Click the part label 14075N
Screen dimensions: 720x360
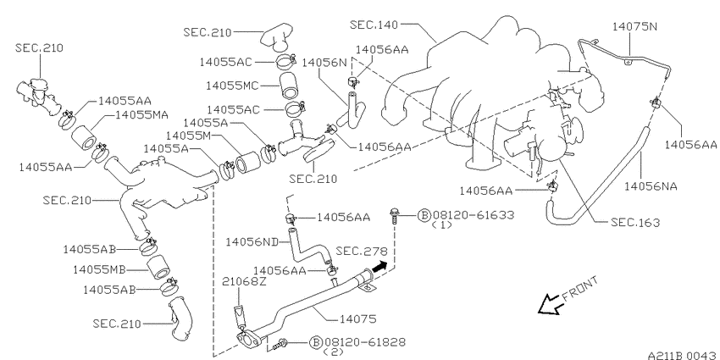click(x=634, y=26)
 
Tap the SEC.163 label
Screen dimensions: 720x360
click(x=635, y=223)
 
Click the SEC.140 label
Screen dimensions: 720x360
click(x=374, y=25)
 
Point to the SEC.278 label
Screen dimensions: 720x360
click(x=362, y=252)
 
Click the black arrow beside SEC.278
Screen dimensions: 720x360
click(x=379, y=267)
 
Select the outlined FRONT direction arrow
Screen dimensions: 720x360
click(x=549, y=304)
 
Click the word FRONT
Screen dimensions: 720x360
click(x=580, y=288)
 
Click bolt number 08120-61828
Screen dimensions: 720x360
click(x=365, y=342)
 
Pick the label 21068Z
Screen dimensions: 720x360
click(x=245, y=281)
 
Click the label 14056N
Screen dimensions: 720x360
click(x=324, y=63)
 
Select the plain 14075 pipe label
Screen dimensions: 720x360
click(x=357, y=318)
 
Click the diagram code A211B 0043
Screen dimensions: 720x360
click(x=683, y=355)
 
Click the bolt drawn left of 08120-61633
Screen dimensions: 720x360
click(x=394, y=216)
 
